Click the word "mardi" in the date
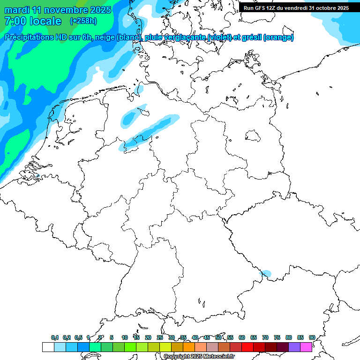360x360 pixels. (x=17, y=10)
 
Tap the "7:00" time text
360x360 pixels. (x=15, y=21)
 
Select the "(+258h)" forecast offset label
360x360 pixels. (x=83, y=21)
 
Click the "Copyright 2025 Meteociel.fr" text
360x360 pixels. (x=199, y=357)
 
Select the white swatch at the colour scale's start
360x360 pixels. (x=48, y=347)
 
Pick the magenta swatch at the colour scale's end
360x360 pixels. (x=306, y=347)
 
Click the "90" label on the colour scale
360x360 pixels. (x=312, y=337)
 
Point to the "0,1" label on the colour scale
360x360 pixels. (x=55, y=337)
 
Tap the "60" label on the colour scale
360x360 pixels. (x=242, y=337)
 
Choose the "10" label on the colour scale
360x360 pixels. (x=125, y=337)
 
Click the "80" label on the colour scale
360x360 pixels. (x=288, y=337)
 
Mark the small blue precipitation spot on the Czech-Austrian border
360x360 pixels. (x=266, y=273)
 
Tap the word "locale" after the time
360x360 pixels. (x=45, y=21)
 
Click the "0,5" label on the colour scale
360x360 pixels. (x=78, y=337)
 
